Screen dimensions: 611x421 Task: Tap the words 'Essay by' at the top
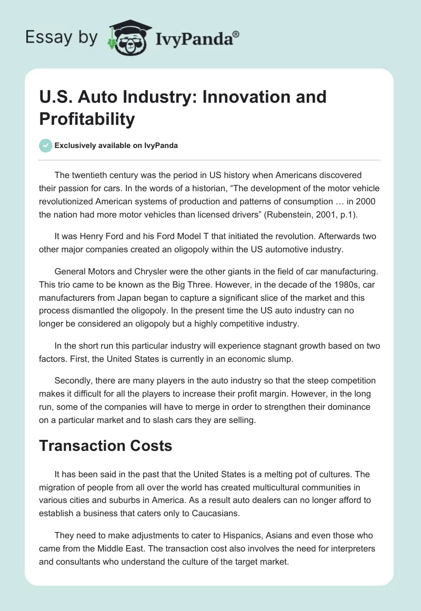tap(61, 37)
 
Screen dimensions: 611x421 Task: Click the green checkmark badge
tap(46, 145)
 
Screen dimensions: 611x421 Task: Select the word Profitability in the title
tap(87, 119)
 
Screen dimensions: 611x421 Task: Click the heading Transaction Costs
tap(106, 446)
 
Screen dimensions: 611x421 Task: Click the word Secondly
tap(73, 380)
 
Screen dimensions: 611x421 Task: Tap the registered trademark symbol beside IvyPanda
tap(236, 34)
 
